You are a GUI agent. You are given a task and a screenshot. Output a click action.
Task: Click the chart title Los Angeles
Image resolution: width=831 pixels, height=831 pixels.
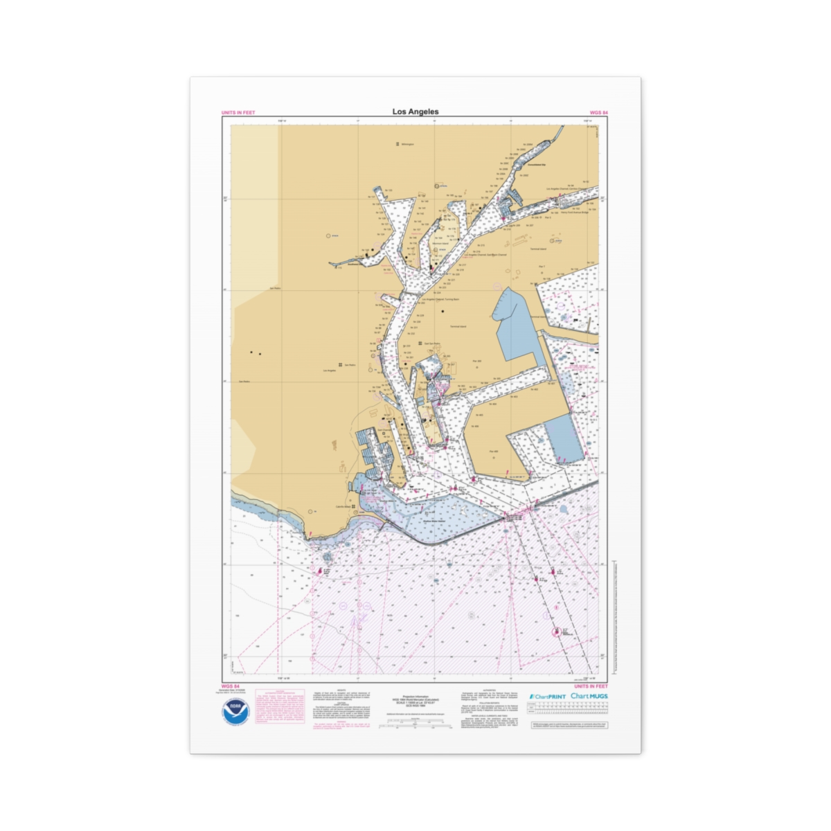[x=415, y=111]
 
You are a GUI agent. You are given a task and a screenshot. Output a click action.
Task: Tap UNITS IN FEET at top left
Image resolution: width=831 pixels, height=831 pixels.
[x=238, y=113]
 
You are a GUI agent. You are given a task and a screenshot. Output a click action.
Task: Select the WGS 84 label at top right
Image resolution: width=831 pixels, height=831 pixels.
[x=598, y=113]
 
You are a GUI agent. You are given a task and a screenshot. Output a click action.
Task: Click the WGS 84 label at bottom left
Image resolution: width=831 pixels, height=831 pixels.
[x=230, y=686]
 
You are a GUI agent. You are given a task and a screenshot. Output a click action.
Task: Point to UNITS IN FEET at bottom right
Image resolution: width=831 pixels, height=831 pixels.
[x=591, y=686]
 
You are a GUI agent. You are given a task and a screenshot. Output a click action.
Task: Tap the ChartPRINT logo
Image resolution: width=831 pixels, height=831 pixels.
[x=548, y=696]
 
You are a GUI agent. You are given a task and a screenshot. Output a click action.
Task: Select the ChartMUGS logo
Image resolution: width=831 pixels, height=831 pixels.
[x=589, y=696]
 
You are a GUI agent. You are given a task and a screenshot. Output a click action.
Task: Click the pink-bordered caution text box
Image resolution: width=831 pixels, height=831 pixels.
[x=280, y=706]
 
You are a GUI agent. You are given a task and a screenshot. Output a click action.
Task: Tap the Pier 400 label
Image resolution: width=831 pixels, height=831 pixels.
[x=494, y=452]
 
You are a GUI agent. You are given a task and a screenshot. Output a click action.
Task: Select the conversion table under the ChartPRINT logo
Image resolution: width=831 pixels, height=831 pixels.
[x=566, y=708]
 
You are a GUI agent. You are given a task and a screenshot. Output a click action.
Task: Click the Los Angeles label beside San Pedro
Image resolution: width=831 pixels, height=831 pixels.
[x=330, y=371]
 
